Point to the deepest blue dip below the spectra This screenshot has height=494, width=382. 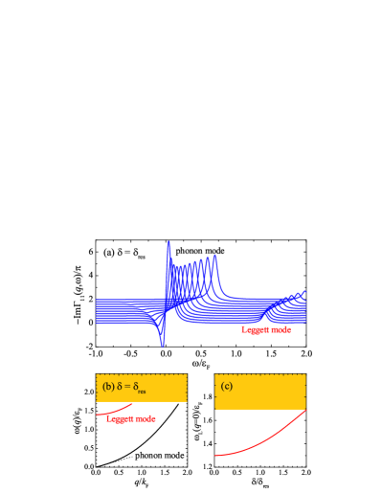coord(162,344)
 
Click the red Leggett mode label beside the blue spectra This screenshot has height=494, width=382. coord(265,329)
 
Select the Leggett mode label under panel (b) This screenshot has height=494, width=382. coord(130,418)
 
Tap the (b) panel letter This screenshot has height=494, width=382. coord(107,387)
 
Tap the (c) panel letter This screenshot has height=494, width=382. coord(226,387)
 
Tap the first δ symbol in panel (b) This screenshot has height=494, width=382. coord(119,387)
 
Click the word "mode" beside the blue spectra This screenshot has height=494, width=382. coord(280,329)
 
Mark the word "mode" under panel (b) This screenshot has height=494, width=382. coord(145,418)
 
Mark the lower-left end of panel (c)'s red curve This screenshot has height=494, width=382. coord(216,456)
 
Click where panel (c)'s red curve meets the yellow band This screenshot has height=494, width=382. coord(304,411)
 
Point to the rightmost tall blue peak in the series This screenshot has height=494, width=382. coord(216,257)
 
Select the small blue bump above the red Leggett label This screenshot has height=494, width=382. coord(264,312)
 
